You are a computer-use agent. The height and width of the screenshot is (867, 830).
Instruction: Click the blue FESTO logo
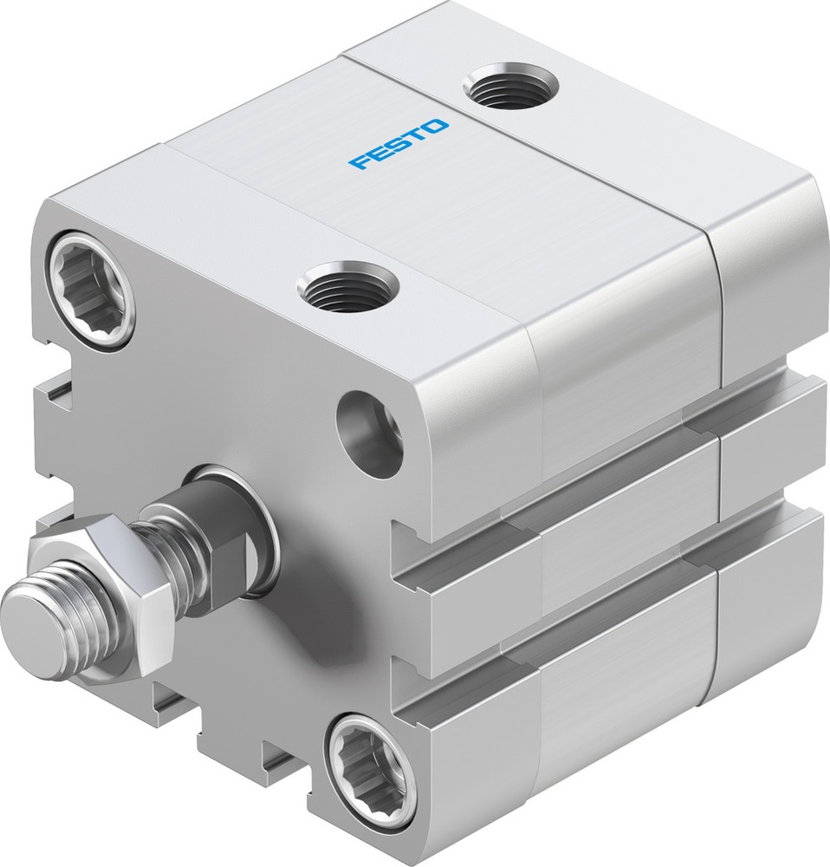(x=399, y=144)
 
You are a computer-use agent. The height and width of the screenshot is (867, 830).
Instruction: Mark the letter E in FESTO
(x=379, y=153)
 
